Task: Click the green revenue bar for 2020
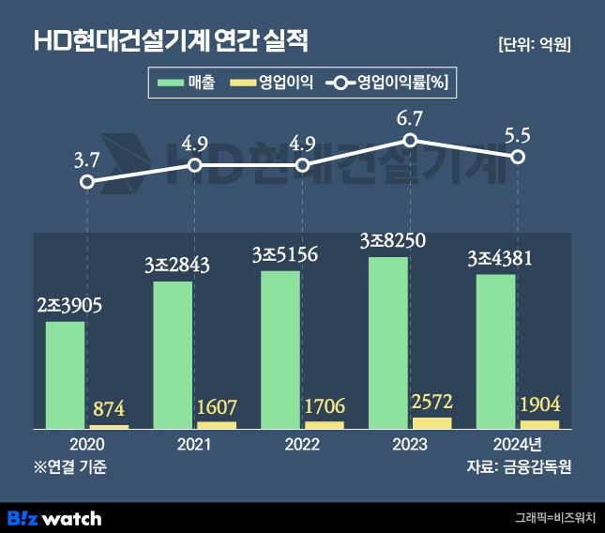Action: click(x=65, y=375)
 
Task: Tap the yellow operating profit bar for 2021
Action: click(x=217, y=425)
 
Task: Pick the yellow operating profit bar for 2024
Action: click(x=540, y=424)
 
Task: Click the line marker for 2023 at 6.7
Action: click(x=410, y=141)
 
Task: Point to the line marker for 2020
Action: click(x=86, y=182)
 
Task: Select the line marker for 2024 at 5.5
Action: click(x=518, y=157)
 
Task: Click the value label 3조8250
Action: click(x=392, y=240)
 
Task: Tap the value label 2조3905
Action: click(x=69, y=305)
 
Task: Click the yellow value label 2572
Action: click(x=431, y=402)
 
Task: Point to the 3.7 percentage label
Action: click(x=86, y=160)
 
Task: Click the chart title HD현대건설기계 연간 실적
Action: click(x=171, y=40)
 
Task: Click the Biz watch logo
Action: click(x=54, y=517)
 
